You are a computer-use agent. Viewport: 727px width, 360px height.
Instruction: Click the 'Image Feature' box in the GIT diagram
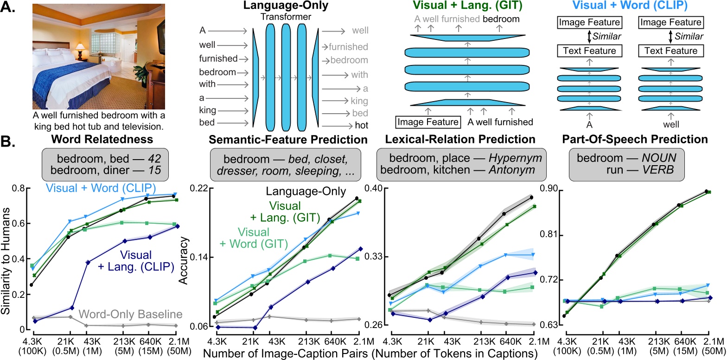point(427,122)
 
